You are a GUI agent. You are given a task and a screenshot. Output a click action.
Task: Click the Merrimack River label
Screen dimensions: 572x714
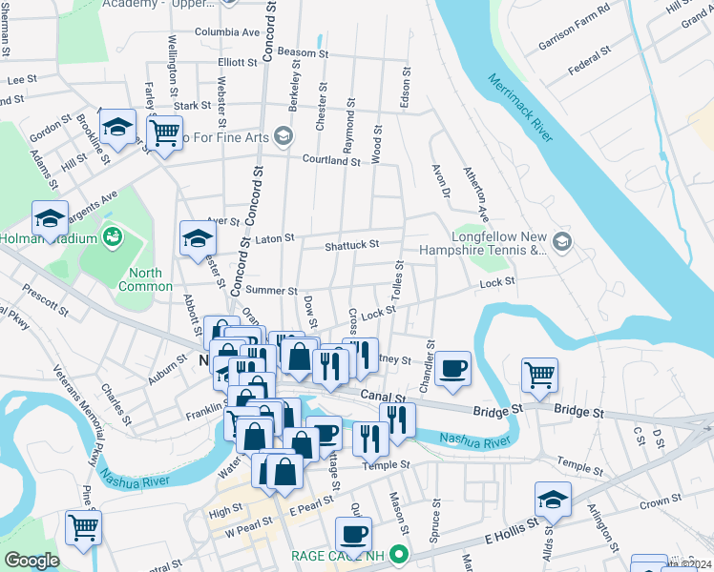[518, 109]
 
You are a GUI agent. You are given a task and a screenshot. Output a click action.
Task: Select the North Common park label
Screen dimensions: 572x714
[145, 279]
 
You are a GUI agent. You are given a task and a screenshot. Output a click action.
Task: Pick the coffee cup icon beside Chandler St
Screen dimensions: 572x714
[453, 367]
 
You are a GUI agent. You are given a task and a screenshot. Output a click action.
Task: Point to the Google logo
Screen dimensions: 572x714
[31, 561]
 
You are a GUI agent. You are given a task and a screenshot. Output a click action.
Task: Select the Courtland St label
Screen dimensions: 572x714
[331, 161]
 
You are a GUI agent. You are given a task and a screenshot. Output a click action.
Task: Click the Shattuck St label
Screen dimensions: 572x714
[351, 245]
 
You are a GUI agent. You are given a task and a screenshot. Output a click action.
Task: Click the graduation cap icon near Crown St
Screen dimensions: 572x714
[551, 499]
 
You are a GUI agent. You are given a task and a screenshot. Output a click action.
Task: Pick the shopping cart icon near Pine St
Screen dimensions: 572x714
[83, 525]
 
